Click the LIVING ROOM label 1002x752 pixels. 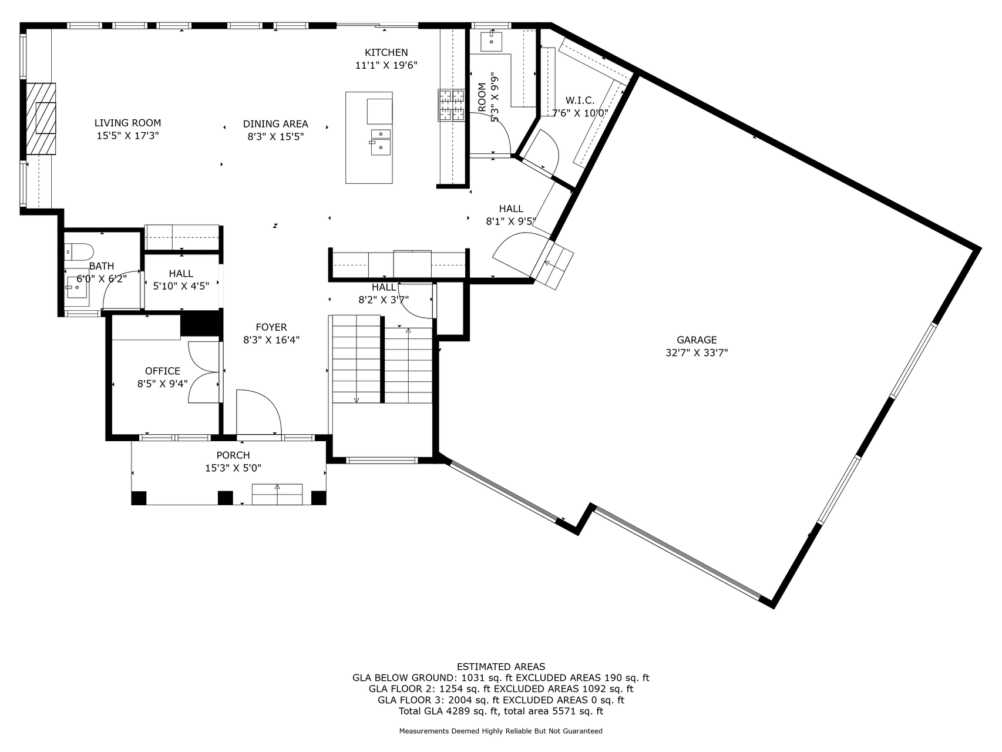pos(127,123)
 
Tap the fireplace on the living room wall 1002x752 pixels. pos(42,119)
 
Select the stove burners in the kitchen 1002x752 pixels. pos(451,105)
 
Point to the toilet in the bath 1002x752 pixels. pos(80,251)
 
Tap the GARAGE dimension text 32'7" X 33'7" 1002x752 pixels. pos(697,352)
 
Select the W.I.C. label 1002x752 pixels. pos(580,100)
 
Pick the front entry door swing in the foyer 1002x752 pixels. pos(258,413)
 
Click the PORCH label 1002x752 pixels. pos(233,455)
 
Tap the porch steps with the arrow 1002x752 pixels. pos(277,494)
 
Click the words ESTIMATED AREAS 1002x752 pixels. pos(500,666)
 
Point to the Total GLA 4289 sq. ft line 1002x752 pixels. pos(500,711)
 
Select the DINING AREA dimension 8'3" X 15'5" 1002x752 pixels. pos(275,136)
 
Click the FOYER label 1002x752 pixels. pos(271,327)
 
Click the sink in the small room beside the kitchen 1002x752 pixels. pos(490,41)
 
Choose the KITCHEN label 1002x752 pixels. pos(386,52)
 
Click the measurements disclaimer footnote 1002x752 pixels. pos(500,731)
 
